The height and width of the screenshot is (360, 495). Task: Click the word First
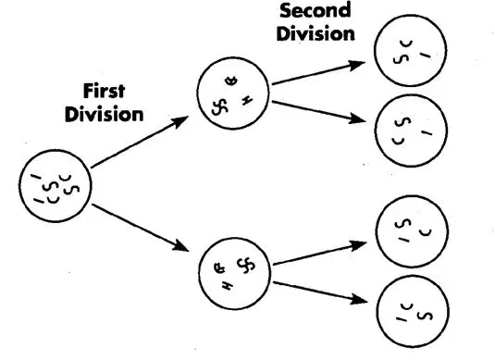(x=105, y=91)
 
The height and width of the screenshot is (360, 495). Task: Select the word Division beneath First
(x=105, y=114)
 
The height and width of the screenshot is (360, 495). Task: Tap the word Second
(x=316, y=10)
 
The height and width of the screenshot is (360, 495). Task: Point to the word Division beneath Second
(x=316, y=33)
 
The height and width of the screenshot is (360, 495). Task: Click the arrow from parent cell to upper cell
(x=140, y=142)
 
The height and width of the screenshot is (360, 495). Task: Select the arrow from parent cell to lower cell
(x=141, y=228)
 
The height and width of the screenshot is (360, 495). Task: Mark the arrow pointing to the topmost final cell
(x=319, y=73)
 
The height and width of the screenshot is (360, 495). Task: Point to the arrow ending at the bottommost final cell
(x=320, y=292)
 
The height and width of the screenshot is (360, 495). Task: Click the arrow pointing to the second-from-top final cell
(x=319, y=111)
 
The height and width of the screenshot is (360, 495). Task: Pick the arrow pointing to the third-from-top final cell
(x=320, y=253)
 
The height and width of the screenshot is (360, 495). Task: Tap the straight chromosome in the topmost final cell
(x=426, y=56)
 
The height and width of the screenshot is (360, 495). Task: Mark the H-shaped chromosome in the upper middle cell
(x=247, y=101)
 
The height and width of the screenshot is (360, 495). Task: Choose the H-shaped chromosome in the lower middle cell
(x=227, y=286)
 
